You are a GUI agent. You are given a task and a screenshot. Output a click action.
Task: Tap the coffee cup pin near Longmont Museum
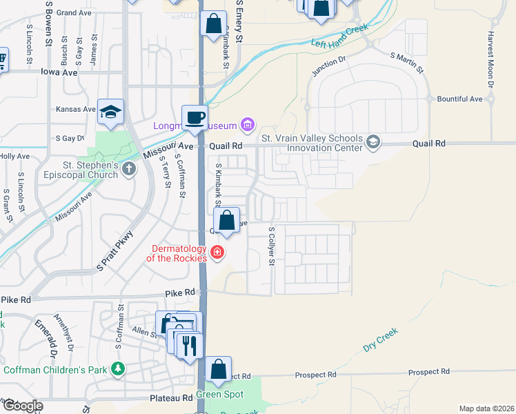195,117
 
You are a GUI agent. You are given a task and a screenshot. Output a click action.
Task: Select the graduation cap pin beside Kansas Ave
110,111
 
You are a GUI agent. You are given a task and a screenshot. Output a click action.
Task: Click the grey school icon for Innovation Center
373,142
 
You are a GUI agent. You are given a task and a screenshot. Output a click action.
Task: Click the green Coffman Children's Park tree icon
119,370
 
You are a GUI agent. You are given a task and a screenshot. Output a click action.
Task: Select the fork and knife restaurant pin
190,344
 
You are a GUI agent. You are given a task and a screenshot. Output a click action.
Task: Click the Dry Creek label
381,340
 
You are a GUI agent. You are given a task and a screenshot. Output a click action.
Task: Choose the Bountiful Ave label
459,99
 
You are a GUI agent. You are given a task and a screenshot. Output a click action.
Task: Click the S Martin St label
407,59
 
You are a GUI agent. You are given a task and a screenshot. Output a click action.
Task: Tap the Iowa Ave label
59,71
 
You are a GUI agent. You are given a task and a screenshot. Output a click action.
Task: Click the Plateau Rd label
172,398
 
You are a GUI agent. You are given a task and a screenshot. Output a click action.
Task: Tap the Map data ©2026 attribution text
486,408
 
